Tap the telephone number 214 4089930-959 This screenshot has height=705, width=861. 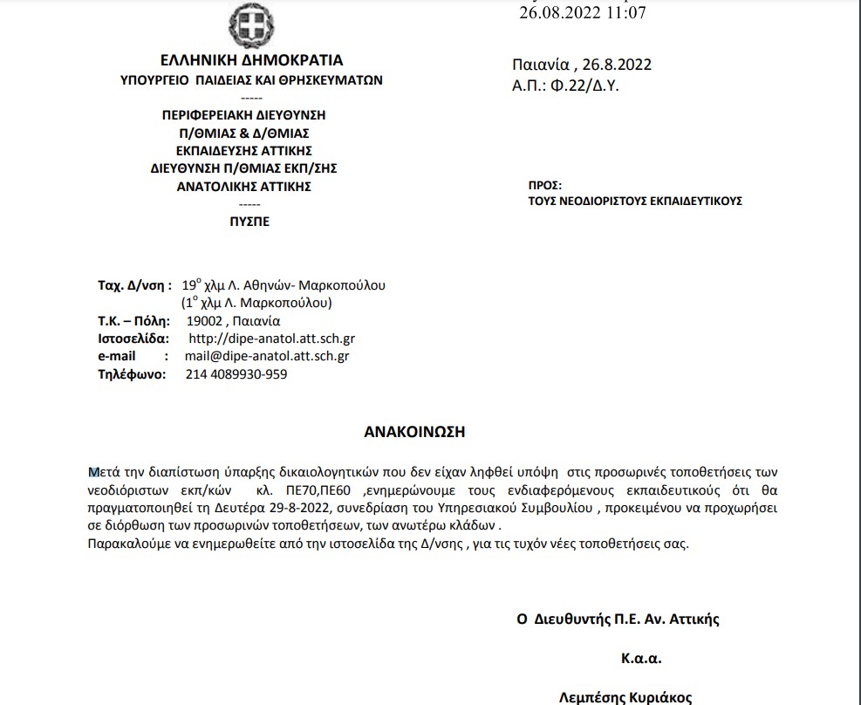[236, 374]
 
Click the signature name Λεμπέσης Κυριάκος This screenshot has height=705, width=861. [625, 696]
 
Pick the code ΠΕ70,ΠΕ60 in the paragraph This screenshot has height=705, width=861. [321, 491]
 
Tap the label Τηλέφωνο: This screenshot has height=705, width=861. [131, 374]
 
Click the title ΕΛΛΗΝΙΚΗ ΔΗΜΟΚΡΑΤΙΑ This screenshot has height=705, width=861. [251, 61]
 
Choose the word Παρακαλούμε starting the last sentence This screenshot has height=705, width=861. [126, 544]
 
